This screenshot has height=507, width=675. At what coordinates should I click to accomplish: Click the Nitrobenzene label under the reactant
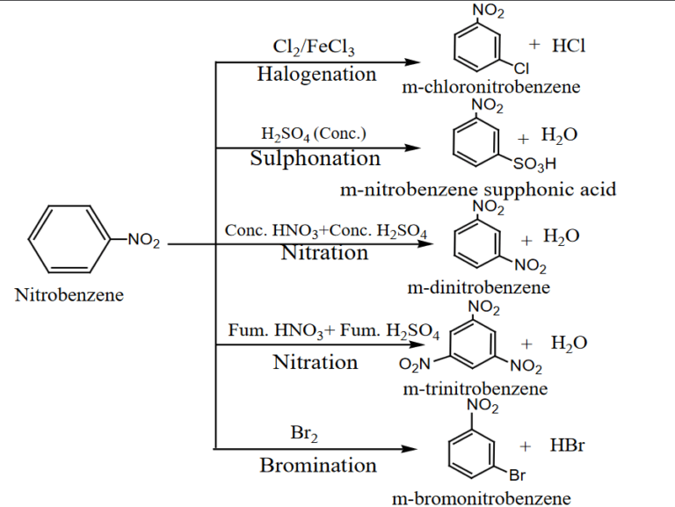point(69,295)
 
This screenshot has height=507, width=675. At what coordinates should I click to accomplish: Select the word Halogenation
point(316,75)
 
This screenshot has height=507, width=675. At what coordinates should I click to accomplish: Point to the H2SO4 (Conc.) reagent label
point(314,134)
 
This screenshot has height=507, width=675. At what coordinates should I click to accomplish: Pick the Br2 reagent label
point(303,433)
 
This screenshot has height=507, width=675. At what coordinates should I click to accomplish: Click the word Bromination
point(318,466)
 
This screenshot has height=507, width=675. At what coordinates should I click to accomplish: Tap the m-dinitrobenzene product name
point(479,287)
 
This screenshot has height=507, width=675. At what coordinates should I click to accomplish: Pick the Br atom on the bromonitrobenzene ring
point(518,476)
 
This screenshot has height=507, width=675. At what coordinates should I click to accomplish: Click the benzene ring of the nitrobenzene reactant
point(68,240)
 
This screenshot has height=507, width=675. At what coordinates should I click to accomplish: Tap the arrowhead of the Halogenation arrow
point(412,62)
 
